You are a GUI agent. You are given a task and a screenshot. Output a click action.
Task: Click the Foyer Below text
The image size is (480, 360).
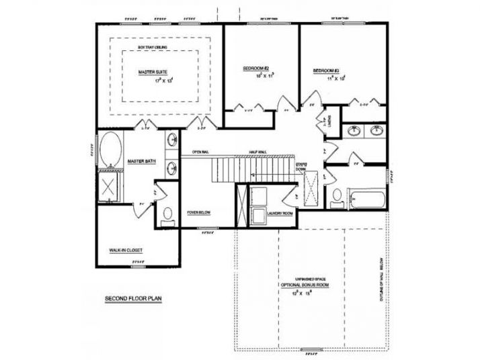[x=199, y=212]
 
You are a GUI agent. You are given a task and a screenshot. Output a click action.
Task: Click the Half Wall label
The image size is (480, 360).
[x=257, y=152]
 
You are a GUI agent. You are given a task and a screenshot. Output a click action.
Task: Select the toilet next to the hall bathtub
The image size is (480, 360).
[x=336, y=197]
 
